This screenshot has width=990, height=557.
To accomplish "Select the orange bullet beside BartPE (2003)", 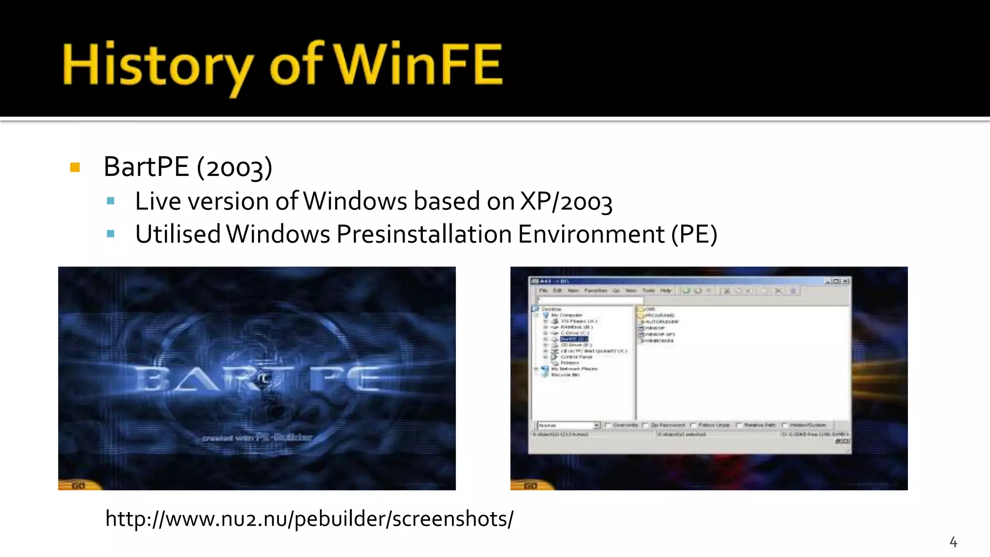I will tap(75, 168).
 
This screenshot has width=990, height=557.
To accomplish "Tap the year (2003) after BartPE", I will tap(234, 168).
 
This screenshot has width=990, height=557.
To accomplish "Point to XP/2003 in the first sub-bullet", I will tap(566, 202).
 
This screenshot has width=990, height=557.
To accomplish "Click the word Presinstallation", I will tap(424, 235).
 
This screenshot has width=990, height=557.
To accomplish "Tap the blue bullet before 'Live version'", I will tap(111, 201).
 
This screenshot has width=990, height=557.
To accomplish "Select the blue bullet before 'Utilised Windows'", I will tap(111, 235).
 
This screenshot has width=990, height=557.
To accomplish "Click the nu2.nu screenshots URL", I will tap(309, 519).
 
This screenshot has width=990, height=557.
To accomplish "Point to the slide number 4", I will tap(953, 542).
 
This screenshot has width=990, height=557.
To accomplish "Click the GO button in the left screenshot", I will tap(78, 485).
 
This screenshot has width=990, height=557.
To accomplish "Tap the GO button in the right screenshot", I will tap(530, 485).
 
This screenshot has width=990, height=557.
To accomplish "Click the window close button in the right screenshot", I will tap(845, 281).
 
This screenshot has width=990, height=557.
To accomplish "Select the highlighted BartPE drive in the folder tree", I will tap(574, 339).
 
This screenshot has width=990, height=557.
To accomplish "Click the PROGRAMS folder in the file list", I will tap(659, 315).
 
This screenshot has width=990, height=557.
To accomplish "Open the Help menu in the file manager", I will tap(666, 291).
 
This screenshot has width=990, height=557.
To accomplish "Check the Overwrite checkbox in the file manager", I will tap(607, 425).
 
